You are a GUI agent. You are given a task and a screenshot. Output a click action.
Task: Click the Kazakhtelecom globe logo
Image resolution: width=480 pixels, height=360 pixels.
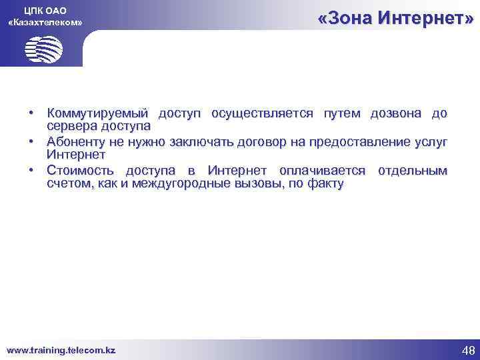(x=43, y=48)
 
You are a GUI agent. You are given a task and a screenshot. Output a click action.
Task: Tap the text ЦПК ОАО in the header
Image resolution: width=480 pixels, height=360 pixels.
(x=45, y=9)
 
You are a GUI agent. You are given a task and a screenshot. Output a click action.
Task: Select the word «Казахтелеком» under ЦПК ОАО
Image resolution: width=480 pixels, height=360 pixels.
(x=45, y=22)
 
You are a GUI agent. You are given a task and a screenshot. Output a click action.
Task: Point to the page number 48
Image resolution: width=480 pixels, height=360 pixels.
(x=468, y=351)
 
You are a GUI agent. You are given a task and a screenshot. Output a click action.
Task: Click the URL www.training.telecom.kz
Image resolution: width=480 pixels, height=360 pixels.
(x=61, y=350)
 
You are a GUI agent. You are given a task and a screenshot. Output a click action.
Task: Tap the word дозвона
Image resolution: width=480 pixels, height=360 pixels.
(x=391, y=113)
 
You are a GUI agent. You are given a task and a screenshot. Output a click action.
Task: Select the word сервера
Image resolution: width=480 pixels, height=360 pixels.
(x=71, y=125)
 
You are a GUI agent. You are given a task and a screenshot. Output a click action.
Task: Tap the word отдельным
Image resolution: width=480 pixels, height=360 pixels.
(x=412, y=171)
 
